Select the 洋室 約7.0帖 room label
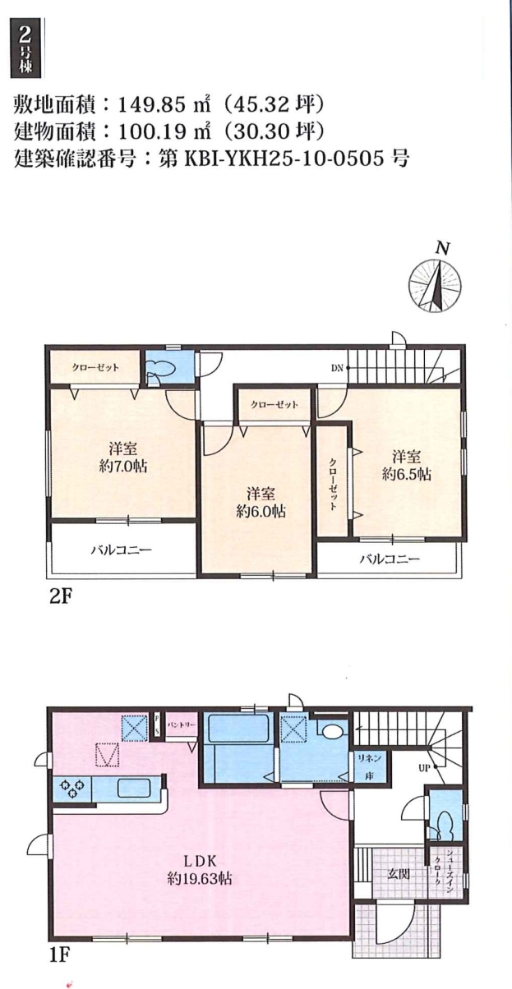point(123,458)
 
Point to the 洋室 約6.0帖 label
point(261,502)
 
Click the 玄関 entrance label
point(399,874)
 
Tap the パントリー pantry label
point(182,725)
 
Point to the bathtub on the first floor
point(239,729)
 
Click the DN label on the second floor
point(337,368)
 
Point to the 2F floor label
point(60,596)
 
